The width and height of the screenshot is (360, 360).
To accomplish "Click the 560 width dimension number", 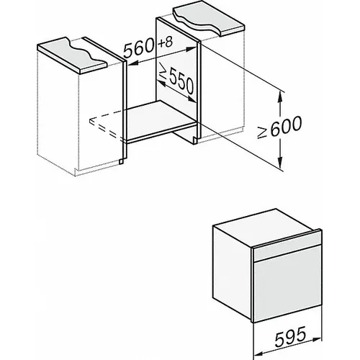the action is pyautogui.click(x=139, y=49).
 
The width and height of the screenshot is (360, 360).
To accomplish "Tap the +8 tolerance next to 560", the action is pyautogui.click(x=166, y=42).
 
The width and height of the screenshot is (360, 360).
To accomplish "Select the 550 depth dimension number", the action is pyautogui.click(x=181, y=82).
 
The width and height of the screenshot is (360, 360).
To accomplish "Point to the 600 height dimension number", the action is pyautogui.click(x=285, y=125).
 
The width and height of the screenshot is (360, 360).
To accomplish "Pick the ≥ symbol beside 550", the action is pyautogui.click(x=163, y=73).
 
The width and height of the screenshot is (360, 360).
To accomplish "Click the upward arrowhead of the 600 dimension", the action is pyautogui.click(x=279, y=96).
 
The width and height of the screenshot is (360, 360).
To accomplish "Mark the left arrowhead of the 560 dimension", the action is pyautogui.click(x=132, y=63).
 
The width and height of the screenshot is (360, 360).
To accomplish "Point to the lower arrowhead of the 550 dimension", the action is pyautogui.click(x=192, y=99).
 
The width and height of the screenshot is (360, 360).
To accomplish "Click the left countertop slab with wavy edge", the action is pyautogui.click(x=72, y=55).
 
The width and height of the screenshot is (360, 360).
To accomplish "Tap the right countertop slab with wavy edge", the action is pyautogui.click(x=209, y=19).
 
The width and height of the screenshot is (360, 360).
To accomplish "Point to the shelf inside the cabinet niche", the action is pyautogui.click(x=161, y=120).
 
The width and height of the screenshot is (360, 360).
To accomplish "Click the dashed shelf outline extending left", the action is pyautogui.click(x=107, y=124).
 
